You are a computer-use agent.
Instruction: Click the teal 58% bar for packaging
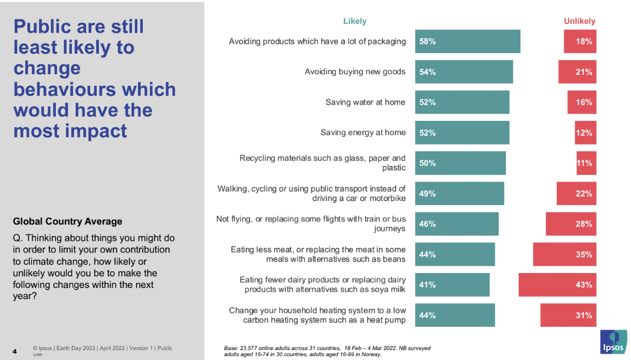(x=468, y=41)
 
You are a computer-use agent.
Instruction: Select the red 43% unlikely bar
(x=557, y=285)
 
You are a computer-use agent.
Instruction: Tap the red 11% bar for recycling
(x=586, y=163)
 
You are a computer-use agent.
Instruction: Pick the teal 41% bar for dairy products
(x=452, y=285)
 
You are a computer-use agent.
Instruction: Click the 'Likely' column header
(x=355, y=21)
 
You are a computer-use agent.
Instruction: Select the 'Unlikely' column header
(x=580, y=21)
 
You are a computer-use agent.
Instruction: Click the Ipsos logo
(x=614, y=342)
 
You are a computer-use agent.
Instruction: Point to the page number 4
(x=15, y=352)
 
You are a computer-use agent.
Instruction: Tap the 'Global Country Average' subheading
(x=68, y=222)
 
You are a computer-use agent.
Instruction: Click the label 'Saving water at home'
(x=365, y=102)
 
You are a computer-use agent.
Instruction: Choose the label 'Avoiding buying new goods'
(x=355, y=71)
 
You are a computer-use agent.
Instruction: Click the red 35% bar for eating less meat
(x=565, y=254)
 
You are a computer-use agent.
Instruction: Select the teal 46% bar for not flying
(x=457, y=224)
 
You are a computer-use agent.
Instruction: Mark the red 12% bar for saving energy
(x=586, y=132)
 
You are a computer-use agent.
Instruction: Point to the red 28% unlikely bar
(x=571, y=224)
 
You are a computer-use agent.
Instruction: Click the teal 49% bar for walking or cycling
(x=459, y=193)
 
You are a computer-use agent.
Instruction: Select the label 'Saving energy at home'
(x=363, y=132)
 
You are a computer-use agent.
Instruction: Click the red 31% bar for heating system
(x=568, y=315)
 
